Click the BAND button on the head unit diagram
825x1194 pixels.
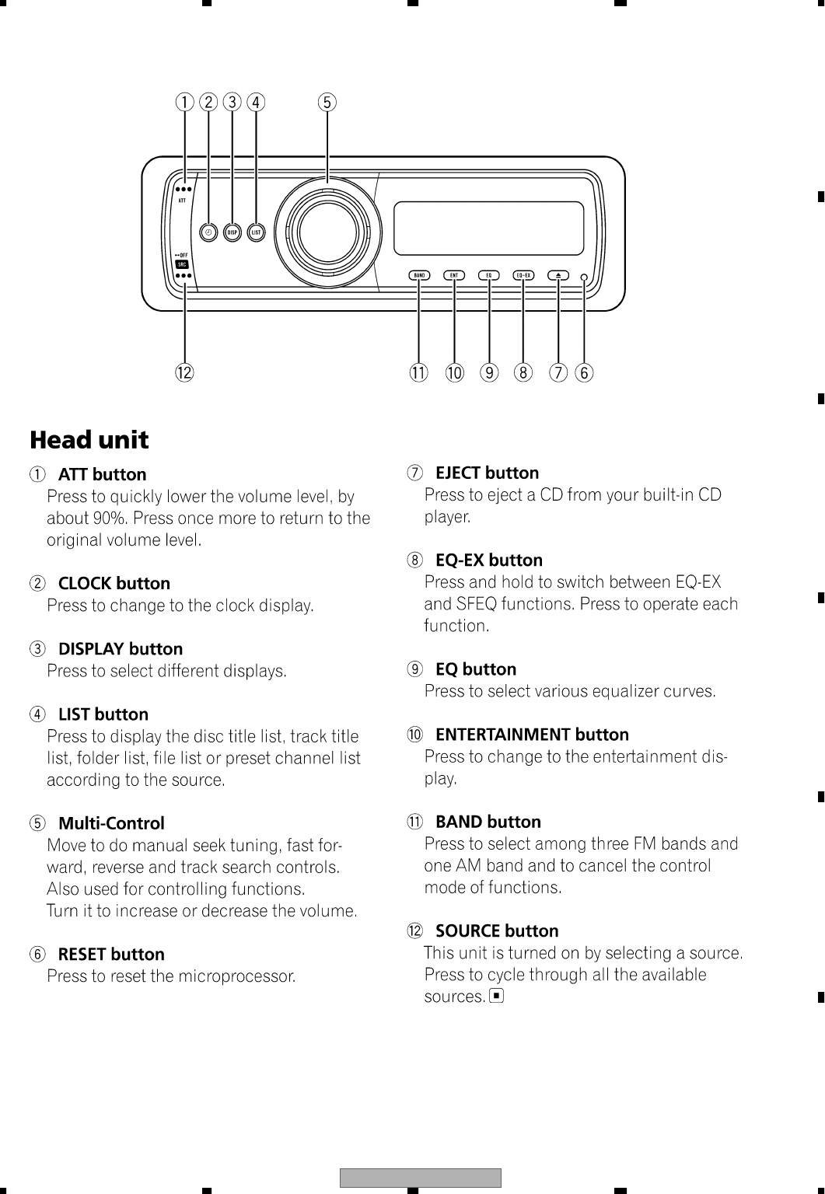(419, 275)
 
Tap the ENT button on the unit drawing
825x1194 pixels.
(454, 275)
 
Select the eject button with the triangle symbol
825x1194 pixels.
(558, 275)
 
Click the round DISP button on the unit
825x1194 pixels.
(232, 232)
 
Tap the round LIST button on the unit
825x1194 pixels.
(257, 232)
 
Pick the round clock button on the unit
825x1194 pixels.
(208, 232)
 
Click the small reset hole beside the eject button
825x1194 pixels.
(584, 276)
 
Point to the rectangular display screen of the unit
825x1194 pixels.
(488, 228)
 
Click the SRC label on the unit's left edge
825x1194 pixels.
(183, 264)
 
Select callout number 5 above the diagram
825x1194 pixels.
(327, 103)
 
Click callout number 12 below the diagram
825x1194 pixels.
(184, 372)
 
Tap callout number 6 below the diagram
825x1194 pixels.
(584, 372)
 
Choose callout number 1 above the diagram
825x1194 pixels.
(184, 103)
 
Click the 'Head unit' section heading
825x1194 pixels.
(89, 440)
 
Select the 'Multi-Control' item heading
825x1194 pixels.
(111, 823)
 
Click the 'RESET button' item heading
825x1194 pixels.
(111, 954)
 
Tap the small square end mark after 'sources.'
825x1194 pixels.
(497, 996)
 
